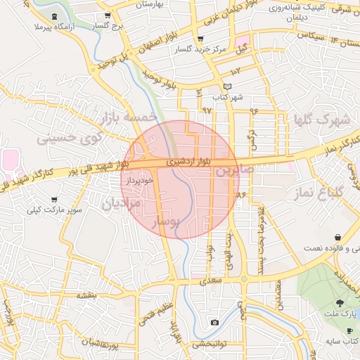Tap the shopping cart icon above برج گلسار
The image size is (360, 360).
[x=106, y=15]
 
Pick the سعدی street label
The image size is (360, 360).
[x=211, y=281]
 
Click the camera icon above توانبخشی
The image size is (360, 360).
[x=214, y=323]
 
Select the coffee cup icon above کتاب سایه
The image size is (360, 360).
[x=350, y=330]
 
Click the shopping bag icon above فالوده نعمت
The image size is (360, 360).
[x=338, y=238]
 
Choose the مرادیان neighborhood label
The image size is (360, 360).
[x=122, y=204]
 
